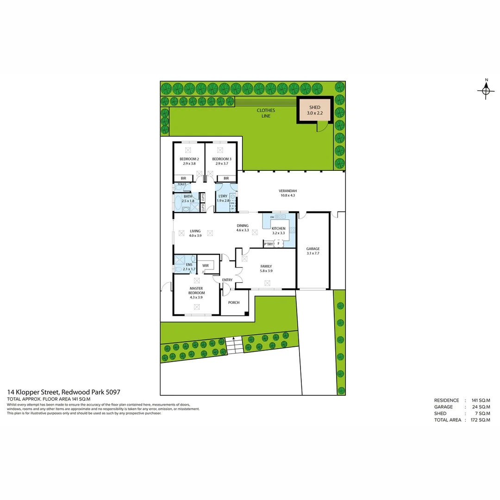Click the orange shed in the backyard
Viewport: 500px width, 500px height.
pos(315,110)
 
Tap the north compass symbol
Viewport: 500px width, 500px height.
pos(486,91)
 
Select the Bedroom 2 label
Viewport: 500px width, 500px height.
pos(189,159)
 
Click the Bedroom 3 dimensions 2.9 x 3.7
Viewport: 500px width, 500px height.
pos(221,163)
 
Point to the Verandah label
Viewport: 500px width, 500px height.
pos(287,191)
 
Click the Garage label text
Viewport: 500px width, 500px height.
pos(313,249)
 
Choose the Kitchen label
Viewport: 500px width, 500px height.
pos(278,229)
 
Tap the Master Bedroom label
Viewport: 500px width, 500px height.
pos(196,290)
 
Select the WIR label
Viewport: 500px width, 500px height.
pos(206,265)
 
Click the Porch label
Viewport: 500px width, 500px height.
pos(234,303)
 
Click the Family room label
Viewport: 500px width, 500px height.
pos(266,266)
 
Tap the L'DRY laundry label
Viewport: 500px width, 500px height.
pos(223,196)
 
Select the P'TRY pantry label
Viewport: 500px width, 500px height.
pos(268,244)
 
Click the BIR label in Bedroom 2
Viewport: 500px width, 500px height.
pos(183,178)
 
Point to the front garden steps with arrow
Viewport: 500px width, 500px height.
pos(234,345)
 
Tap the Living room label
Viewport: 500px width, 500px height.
pos(195,231)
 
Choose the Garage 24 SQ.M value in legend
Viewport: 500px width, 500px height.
pos(481,407)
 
